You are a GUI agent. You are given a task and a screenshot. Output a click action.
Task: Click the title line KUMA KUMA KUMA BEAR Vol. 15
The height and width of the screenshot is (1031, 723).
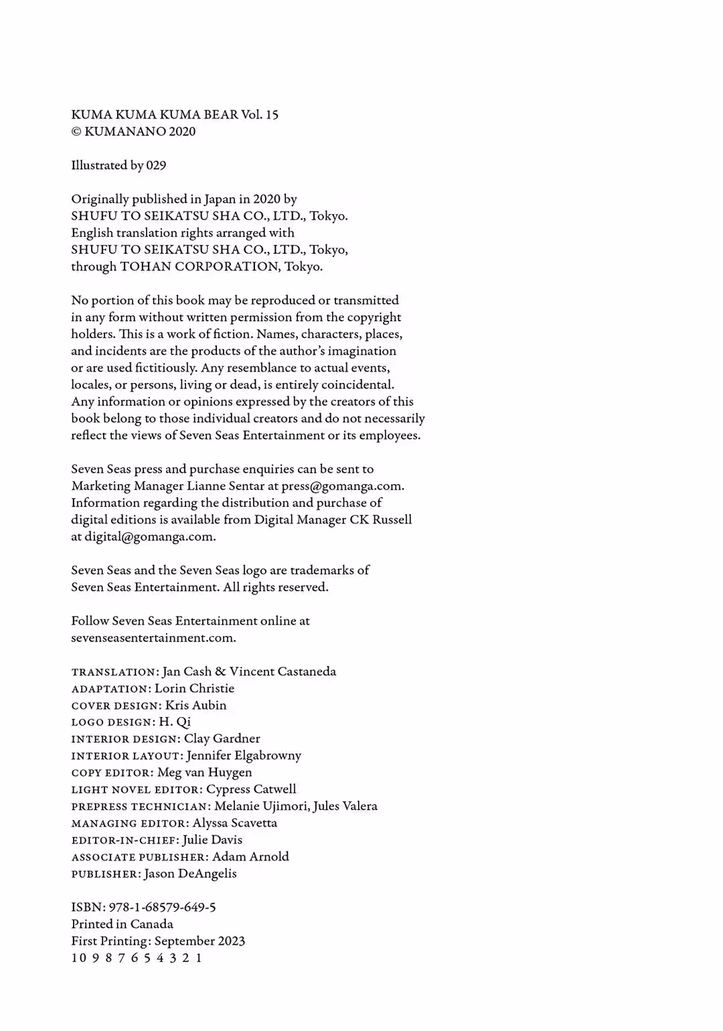(175, 114)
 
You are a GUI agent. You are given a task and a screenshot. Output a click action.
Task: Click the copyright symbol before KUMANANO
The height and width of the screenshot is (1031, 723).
(76, 132)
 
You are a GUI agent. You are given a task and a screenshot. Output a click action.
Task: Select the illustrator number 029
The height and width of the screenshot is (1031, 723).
(156, 165)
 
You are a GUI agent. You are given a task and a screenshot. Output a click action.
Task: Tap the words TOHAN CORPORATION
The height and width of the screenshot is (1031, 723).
(200, 266)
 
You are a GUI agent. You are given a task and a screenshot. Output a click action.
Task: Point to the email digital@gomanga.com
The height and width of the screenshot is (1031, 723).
(149, 537)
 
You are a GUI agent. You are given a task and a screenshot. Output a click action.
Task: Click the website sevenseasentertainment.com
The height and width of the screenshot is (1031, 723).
(153, 638)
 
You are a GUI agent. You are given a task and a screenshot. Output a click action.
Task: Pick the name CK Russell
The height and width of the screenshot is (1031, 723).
(381, 520)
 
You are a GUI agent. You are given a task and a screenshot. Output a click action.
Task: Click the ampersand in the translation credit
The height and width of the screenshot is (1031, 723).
(220, 671)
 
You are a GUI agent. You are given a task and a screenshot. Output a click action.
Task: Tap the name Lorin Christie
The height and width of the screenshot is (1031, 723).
(194, 688)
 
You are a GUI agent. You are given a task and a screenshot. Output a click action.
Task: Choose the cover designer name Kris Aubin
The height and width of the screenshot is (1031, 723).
(195, 705)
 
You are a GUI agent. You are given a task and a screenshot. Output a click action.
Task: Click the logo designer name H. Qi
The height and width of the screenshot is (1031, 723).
(175, 722)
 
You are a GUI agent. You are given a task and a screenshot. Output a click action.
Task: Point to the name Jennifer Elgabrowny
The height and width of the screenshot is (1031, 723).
(244, 756)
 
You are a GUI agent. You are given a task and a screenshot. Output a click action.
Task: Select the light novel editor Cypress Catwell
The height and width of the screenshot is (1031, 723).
(251, 789)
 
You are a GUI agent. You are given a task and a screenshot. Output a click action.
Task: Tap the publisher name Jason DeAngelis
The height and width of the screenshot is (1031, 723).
(190, 874)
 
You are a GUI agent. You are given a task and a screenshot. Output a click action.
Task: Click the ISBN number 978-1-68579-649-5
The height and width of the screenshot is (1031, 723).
(162, 907)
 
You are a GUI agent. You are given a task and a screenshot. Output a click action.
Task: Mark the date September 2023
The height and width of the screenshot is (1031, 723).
(199, 941)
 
